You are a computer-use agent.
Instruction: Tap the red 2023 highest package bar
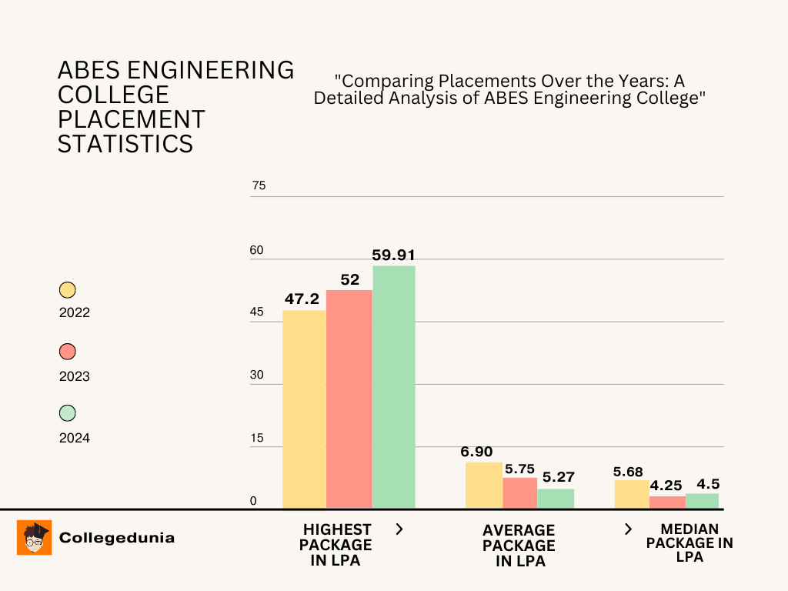pyautogui.click(x=349, y=399)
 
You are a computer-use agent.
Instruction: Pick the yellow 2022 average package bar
pyautogui.click(x=484, y=486)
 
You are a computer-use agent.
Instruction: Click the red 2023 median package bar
pyautogui.click(x=667, y=503)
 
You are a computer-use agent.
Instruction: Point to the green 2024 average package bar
pyautogui.click(x=556, y=499)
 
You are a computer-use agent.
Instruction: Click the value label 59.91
pyautogui.click(x=394, y=255)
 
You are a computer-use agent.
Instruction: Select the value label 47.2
pyautogui.click(x=304, y=299)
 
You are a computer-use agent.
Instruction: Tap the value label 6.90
pyautogui.click(x=477, y=452)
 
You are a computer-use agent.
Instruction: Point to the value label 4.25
pyautogui.click(x=666, y=486)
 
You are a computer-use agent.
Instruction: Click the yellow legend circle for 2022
pyautogui.click(x=68, y=290)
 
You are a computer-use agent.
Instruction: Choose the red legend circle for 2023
pyautogui.click(x=68, y=352)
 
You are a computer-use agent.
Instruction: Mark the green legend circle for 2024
pyautogui.click(x=68, y=413)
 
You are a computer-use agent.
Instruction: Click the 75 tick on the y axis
pyautogui.click(x=258, y=185)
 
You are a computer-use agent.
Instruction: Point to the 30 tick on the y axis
pyautogui.click(x=258, y=375)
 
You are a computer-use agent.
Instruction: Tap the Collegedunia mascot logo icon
pyautogui.click(x=35, y=537)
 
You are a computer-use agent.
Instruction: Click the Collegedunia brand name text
pyautogui.click(x=117, y=538)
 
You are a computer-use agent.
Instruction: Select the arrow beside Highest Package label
pyautogui.click(x=399, y=529)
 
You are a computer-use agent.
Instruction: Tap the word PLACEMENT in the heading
pyautogui.click(x=132, y=119)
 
